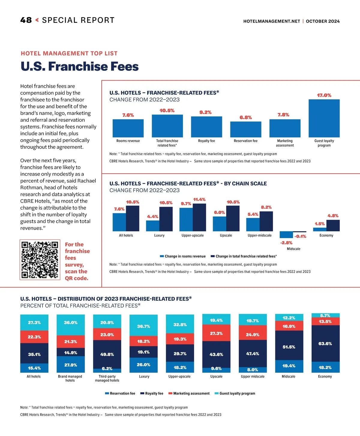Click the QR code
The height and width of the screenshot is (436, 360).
coord(40,260)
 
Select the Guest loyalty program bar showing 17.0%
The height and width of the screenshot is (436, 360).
coord(324,118)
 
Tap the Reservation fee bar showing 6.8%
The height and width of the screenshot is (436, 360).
coord(246,129)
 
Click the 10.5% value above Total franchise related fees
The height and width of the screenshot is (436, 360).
coord(167,111)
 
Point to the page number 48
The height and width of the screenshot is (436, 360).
coord(26,20)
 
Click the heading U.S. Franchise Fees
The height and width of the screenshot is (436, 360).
coord(79,66)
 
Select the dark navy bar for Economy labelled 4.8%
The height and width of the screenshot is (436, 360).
coord(333,225)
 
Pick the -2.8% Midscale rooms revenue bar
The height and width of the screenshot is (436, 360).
coord(286,234)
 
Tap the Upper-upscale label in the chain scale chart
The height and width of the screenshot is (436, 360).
coord(193,235)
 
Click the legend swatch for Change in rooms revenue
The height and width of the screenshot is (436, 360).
coord(162,256)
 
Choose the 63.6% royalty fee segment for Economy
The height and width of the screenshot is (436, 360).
coord(325,344)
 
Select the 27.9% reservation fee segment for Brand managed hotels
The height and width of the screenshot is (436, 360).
coord(70,365)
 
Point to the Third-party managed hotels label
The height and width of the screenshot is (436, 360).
coord(107,378)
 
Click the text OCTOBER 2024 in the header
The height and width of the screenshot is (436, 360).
coord(323,21)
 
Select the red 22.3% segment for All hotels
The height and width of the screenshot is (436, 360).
coord(34,337)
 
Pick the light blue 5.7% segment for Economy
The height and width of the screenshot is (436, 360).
coord(325,315)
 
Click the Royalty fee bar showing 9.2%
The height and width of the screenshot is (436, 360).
coord(206,127)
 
